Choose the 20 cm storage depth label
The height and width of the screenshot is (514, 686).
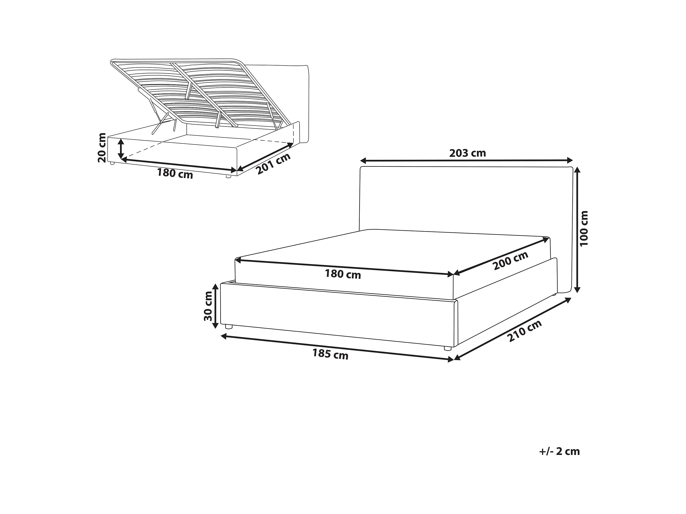click(102, 148)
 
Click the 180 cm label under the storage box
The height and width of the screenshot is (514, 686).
click(175, 173)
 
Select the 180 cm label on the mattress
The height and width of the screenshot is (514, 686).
click(343, 274)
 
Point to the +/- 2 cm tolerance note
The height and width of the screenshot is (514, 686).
click(559, 451)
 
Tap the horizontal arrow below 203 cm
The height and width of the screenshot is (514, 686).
click(466, 160)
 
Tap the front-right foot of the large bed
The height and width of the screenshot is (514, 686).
click(447, 349)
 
